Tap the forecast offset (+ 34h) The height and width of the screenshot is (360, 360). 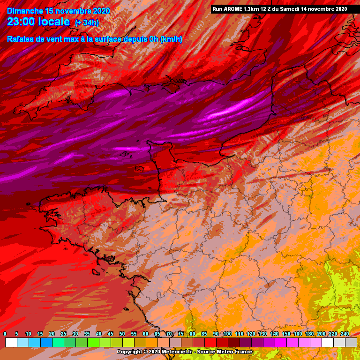(x=87, y=23)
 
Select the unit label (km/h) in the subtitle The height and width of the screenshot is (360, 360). (x=171, y=39)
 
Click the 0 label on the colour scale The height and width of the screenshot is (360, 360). (x=5, y=334)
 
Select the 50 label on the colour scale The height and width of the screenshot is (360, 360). (x=122, y=334)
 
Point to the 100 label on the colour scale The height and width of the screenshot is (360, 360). (x=227, y=334)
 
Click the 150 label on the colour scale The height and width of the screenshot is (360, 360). (x=286, y=334)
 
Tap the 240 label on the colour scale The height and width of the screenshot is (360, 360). (x=345, y=334)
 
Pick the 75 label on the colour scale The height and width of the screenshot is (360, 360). (x=180, y=334)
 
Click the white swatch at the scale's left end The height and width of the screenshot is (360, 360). (x=11, y=343)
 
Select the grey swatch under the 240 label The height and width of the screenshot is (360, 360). (x=351, y=343)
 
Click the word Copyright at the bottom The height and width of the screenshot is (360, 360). (x=130, y=352)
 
